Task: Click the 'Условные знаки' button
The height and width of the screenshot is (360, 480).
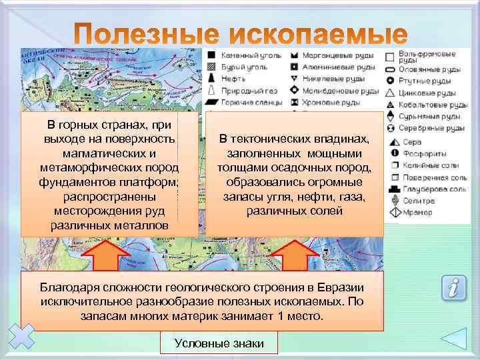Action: pyautogui.click(x=219, y=343)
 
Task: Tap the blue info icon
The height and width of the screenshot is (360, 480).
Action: pyautogui.click(x=453, y=288)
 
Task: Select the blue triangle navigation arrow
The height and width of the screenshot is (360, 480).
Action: pyautogui.click(x=458, y=337)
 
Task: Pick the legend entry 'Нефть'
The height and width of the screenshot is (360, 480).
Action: pyautogui.click(x=233, y=79)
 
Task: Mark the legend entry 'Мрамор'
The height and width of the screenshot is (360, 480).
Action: pyautogui.click(x=417, y=213)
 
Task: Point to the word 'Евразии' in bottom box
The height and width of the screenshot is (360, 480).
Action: pyautogui.click(x=335, y=287)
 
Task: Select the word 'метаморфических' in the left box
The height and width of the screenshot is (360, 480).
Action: pyautogui.click(x=85, y=168)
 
